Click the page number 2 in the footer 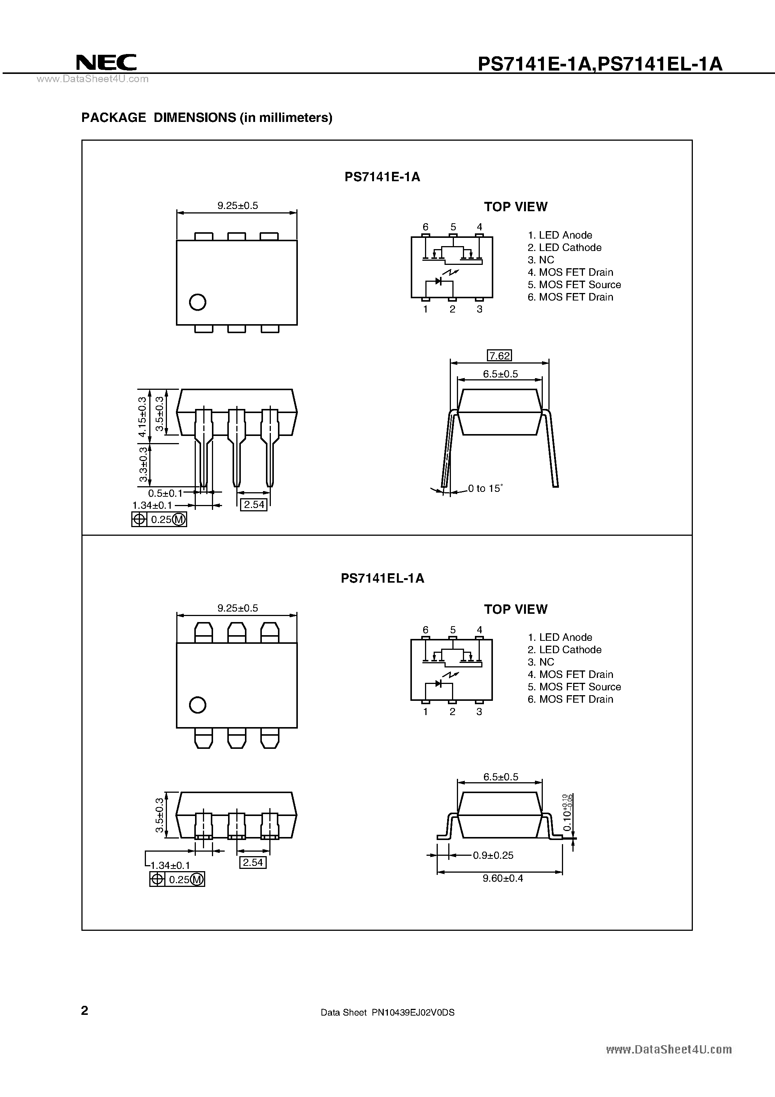pos(84,1010)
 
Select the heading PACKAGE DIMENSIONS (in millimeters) pos(206,117)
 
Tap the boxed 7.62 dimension pos(499,355)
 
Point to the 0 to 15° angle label pos(485,488)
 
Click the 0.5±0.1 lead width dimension pos(165,493)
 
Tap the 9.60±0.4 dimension pos(503,878)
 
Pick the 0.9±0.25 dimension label pos(493,855)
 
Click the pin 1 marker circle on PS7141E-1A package pos(197,302)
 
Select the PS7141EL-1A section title pos(382,578)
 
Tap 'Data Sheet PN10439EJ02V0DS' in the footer pos(387,1012)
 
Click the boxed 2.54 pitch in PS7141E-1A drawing pos(254,505)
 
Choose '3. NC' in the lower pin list pos(541,662)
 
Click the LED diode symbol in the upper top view pos(439,281)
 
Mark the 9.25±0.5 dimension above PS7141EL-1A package pos(237,608)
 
